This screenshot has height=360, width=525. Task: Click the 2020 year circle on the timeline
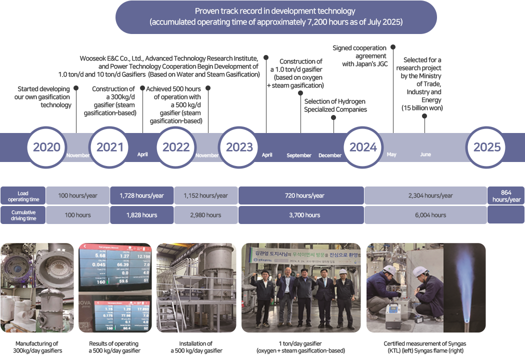pos(46,147)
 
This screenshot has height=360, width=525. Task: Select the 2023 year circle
pos(239,147)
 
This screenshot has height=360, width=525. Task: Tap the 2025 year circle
pos(487,147)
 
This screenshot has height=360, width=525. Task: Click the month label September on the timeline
pos(299,155)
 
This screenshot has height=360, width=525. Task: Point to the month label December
pos(330,155)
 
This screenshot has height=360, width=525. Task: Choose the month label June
pos(425,154)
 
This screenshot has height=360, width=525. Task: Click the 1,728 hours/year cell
pos(141,195)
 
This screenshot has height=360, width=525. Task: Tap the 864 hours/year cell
pos(506,195)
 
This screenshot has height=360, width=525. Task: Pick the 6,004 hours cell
pos(431,215)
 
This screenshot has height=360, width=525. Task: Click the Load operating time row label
pos(23,196)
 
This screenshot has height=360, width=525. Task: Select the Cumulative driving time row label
pos(23,215)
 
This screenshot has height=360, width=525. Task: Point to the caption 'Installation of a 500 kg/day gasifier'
pos(195,347)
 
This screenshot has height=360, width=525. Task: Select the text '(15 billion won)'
pos(422,107)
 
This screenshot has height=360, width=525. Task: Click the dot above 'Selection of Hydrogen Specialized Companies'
pos(334,117)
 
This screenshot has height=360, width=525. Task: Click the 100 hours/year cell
pos(77,195)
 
